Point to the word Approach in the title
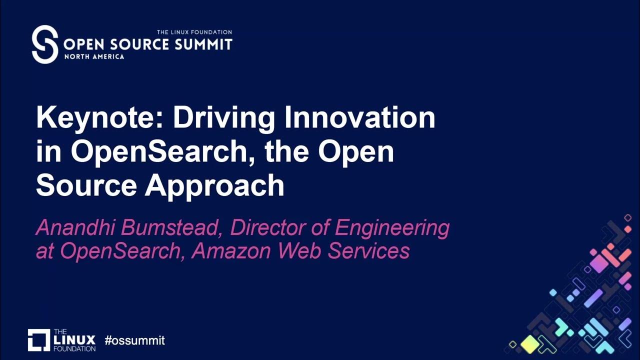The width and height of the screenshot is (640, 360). tap(214, 186)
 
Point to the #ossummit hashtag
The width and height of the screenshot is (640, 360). tap(134, 340)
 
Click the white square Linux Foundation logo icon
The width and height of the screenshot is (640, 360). tap(38, 340)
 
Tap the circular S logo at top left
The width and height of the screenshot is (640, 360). tap(45, 44)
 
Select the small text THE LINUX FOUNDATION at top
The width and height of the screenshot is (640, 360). tap(194, 32)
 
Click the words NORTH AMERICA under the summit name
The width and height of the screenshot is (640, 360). tap(94, 57)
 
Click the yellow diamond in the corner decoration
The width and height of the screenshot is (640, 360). tap(529, 343)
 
